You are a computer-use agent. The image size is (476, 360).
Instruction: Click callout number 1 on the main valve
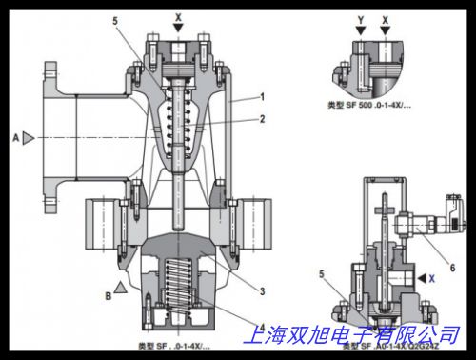coord(261,97)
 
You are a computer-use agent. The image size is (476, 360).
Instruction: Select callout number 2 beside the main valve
coord(261,119)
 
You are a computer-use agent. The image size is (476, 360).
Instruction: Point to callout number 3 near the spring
coord(261,289)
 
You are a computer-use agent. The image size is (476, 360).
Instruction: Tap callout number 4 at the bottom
coord(261,330)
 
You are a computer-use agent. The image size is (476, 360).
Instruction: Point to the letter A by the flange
coord(16,138)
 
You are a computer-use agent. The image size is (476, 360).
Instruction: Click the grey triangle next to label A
coord(30,138)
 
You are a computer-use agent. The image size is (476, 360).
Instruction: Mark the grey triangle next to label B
coord(120,285)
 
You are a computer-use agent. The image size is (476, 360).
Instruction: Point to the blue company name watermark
coord(351,335)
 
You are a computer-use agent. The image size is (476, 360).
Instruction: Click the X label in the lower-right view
coord(432,277)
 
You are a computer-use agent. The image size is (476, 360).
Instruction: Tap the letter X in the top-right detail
coord(384,17)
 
